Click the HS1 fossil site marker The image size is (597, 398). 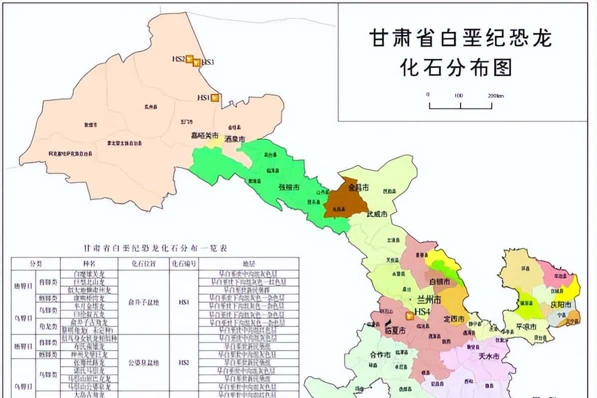coord(215,98)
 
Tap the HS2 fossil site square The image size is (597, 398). coord(190,59)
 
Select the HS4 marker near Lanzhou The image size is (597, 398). coord(409,315)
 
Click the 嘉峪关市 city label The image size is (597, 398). coord(205,135)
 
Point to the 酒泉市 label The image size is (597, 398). coord(235,139)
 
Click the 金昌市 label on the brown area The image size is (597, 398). coord(359,188)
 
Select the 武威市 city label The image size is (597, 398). coord(377,214)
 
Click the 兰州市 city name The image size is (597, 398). coord(429,301)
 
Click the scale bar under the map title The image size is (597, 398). coord(461,105)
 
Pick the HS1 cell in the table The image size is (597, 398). coord(184,302)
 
